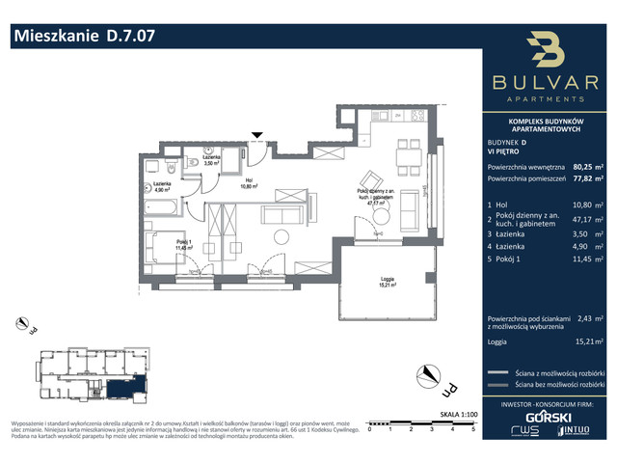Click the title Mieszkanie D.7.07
tap(82, 37)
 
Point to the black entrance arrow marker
tap(256, 136)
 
